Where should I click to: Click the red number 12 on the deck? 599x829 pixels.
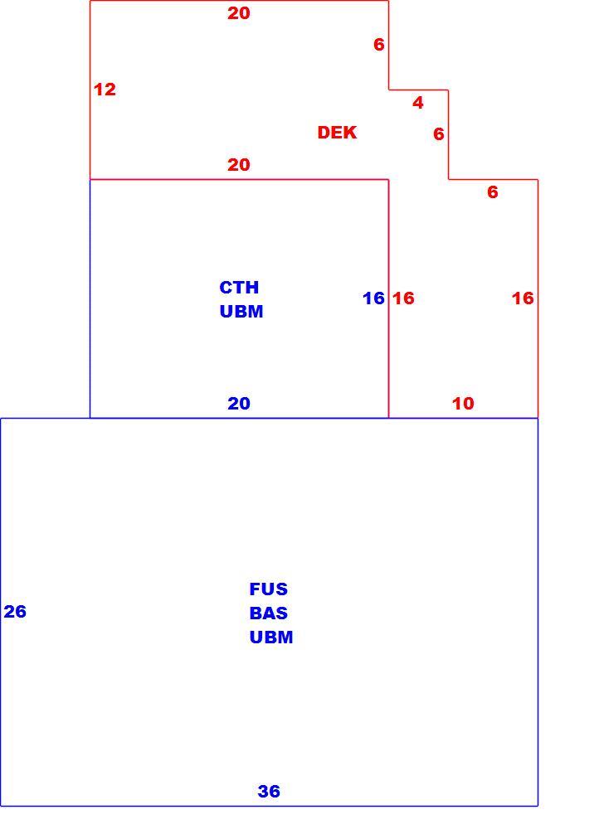tap(105, 90)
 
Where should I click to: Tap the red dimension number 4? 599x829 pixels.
tap(418, 102)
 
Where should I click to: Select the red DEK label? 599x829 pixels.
tap(337, 132)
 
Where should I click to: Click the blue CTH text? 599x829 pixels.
tap(239, 287)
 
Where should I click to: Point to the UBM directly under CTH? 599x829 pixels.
tap(241, 312)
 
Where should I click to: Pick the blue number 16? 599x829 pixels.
tap(373, 298)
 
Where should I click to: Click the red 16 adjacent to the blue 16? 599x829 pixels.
tap(403, 298)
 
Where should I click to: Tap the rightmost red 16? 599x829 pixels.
tap(523, 298)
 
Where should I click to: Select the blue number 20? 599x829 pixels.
tap(239, 404)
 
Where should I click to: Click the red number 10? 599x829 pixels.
tap(463, 404)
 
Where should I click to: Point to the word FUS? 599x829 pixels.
tap(268, 589)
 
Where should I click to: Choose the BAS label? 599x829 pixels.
tap(268, 613)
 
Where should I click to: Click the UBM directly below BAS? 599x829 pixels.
tap(271, 637)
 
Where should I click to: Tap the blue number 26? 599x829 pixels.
tap(15, 611)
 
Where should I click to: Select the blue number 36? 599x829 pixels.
tap(269, 791)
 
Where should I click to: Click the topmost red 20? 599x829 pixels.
tap(239, 13)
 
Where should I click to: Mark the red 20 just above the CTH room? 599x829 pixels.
tap(239, 164)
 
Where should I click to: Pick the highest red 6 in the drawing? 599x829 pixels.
tap(379, 45)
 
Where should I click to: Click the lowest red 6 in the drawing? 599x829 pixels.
tap(493, 192)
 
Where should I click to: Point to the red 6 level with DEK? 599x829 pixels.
tap(439, 133)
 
